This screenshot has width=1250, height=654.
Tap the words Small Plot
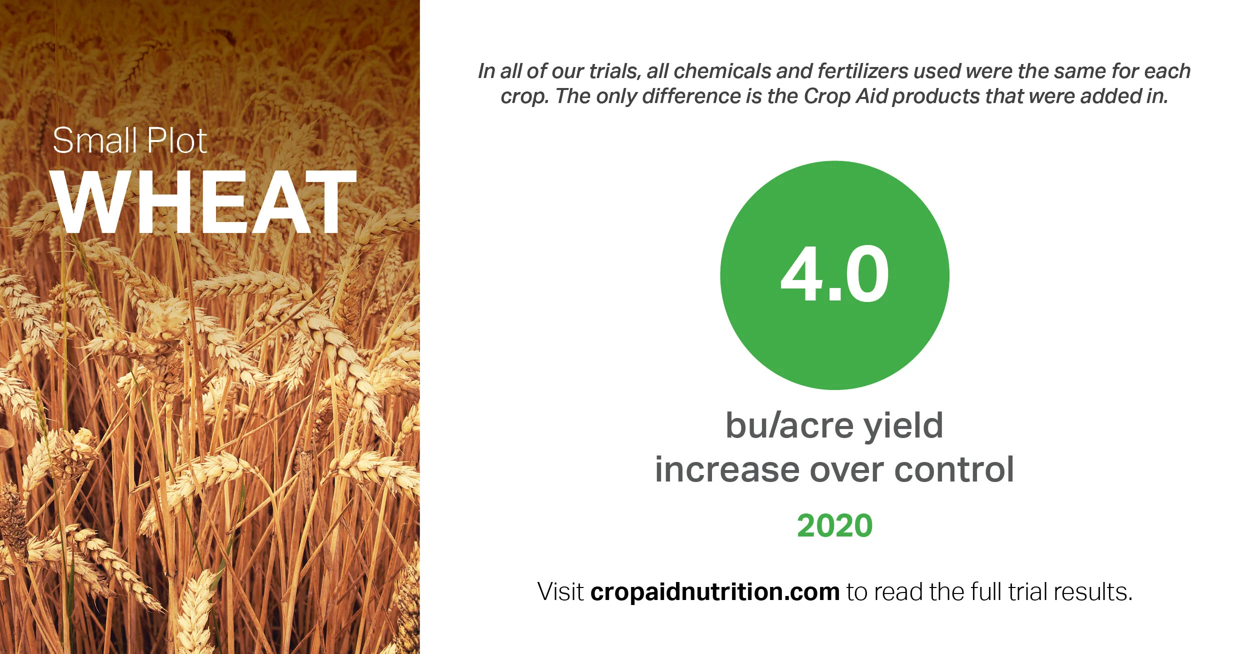[129, 141]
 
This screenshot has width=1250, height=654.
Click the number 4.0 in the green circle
[834, 275]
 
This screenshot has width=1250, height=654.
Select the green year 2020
[834, 526]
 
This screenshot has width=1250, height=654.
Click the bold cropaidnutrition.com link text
[714, 592]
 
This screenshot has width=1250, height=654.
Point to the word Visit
[560, 592]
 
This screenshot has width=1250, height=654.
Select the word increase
[727, 470]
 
